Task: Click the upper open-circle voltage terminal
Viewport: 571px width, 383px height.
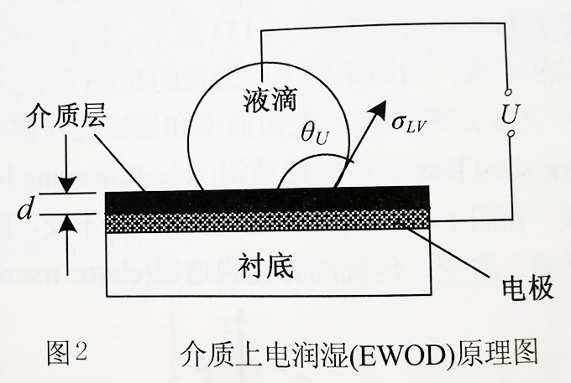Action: pos(508,91)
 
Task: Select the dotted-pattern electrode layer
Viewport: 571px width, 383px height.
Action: pos(269,216)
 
